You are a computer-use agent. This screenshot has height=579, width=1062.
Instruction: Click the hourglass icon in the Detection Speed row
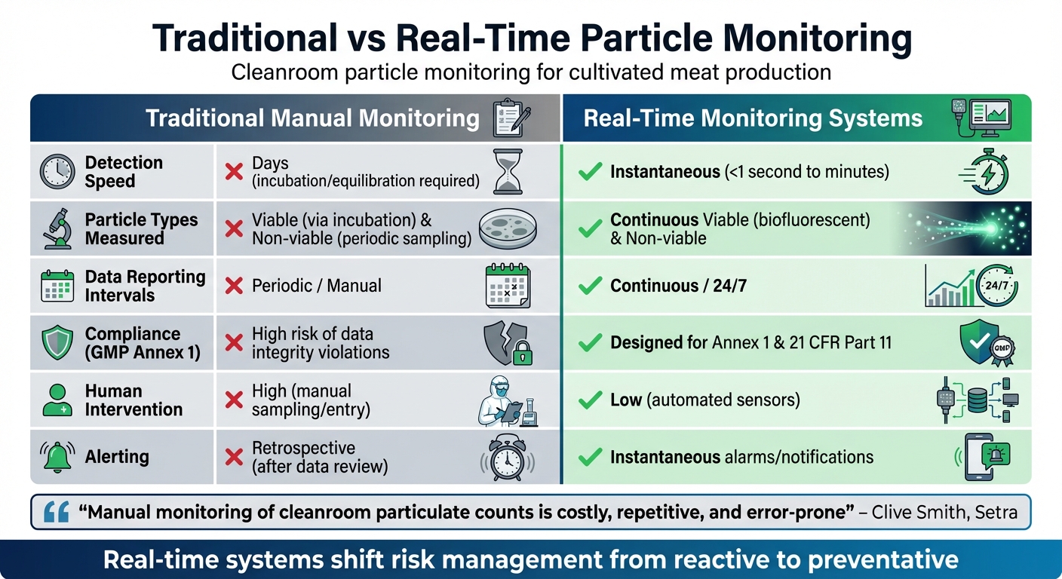(x=507, y=172)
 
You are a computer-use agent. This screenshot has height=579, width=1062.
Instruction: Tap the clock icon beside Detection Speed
(x=57, y=172)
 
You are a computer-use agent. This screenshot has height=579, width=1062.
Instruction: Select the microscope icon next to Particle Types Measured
(x=57, y=229)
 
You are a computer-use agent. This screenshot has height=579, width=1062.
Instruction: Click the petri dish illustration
(x=511, y=228)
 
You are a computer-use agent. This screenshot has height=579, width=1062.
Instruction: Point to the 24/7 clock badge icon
(x=996, y=286)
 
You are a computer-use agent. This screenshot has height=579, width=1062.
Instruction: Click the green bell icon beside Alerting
(x=57, y=457)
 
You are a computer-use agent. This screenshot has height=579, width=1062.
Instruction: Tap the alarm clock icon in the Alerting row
(x=505, y=457)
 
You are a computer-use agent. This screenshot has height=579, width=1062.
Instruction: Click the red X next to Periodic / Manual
(x=235, y=286)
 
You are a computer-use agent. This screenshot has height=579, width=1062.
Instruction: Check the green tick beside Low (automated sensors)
(x=589, y=400)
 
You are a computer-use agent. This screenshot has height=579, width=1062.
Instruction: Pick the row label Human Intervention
(x=134, y=400)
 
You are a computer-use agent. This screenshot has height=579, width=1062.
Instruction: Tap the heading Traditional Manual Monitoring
(x=312, y=118)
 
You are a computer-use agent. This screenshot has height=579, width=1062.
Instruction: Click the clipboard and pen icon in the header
(x=511, y=118)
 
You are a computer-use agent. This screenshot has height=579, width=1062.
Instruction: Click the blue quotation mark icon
(x=57, y=513)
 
